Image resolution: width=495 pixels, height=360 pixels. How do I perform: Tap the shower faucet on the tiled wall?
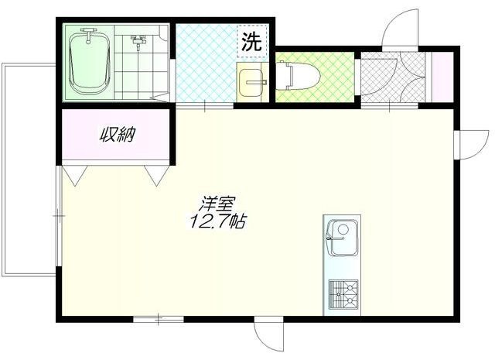(x=139, y=40)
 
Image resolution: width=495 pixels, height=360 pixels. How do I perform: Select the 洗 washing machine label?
(x=251, y=43)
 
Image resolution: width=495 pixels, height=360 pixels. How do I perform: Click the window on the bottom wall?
(x=158, y=317)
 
